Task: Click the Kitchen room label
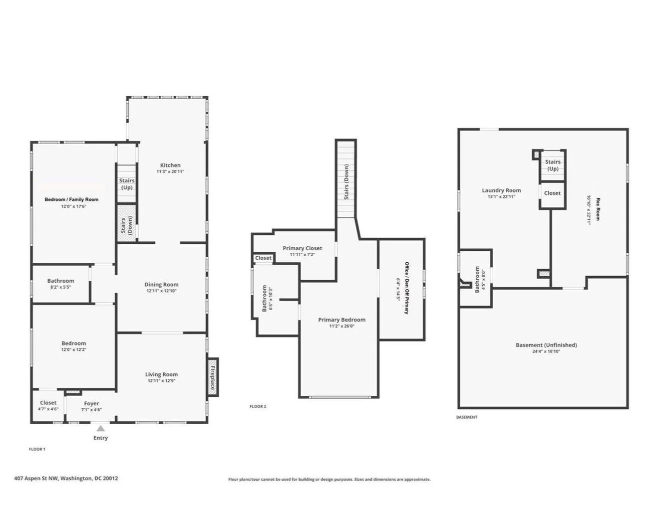click(170, 165)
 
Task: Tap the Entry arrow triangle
click(100, 428)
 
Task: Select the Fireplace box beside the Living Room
click(213, 377)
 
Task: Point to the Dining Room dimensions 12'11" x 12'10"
click(162, 291)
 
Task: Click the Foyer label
click(91, 403)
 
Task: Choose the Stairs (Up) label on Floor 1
click(127, 184)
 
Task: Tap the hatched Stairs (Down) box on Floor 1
click(126, 223)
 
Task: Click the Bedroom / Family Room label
click(71, 199)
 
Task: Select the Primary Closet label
click(302, 248)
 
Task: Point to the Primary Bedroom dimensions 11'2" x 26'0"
click(342, 326)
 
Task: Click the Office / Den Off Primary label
click(407, 288)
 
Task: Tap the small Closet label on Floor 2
click(263, 258)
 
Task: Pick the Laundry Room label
click(501, 190)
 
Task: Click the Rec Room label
click(598, 209)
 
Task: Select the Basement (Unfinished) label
click(546, 345)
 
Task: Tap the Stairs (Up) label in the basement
click(553, 165)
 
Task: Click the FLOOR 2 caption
click(258, 406)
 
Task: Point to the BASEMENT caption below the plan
click(467, 417)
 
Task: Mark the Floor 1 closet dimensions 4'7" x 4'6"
click(48, 409)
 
